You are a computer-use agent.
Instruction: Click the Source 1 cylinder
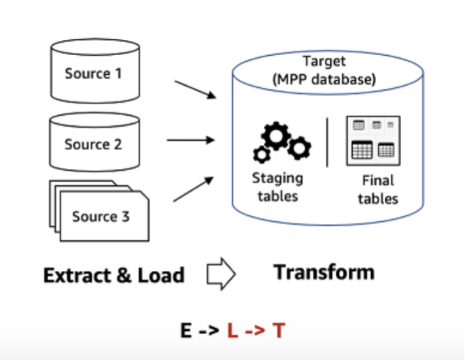[x=94, y=72]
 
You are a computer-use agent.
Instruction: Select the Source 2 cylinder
[x=94, y=144]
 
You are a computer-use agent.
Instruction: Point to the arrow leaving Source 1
[x=195, y=90]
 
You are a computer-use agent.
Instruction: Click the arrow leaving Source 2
[x=191, y=140]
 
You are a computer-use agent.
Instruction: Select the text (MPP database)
[x=324, y=80]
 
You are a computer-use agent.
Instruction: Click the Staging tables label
[x=277, y=187]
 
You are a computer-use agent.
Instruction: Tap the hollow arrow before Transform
[x=220, y=274]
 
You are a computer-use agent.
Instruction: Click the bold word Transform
[x=324, y=272]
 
